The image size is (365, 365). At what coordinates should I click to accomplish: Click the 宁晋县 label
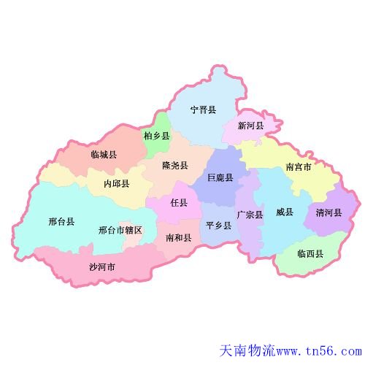click(x=203, y=110)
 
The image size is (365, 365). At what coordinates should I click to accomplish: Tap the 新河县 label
click(x=251, y=126)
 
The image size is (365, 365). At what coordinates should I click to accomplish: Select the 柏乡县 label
click(x=157, y=137)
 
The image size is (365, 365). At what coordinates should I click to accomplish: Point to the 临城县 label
click(x=104, y=155)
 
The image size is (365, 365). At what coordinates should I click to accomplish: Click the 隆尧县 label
click(x=175, y=166)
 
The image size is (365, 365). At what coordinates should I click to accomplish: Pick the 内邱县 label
click(x=117, y=184)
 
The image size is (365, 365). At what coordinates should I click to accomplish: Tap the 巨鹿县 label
click(x=220, y=178)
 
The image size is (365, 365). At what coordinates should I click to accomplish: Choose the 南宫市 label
click(x=299, y=166)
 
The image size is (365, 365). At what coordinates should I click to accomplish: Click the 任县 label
click(x=179, y=203)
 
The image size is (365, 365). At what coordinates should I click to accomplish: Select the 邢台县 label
click(x=61, y=221)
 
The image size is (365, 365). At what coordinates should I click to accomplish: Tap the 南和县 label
click(x=179, y=238)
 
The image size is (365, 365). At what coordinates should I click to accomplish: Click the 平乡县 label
click(x=218, y=226)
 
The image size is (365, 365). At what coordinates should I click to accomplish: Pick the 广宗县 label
click(x=250, y=215)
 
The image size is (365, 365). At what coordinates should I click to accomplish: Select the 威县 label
click(x=285, y=212)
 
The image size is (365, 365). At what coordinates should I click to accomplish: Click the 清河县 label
click(x=328, y=212)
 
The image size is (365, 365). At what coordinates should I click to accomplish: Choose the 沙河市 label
click(x=102, y=266)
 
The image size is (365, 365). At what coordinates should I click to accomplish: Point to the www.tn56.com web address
click(x=318, y=352)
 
